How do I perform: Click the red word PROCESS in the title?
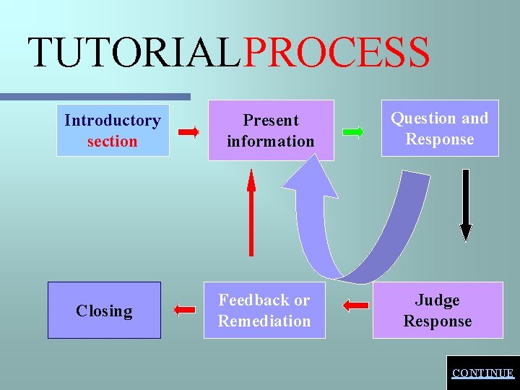337,53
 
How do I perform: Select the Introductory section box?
113,131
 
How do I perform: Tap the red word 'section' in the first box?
112,142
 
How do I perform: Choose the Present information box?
271,131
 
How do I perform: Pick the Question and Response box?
440,129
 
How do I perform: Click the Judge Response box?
438,311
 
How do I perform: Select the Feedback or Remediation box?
264,311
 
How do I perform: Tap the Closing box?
104,311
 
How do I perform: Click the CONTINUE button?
482,373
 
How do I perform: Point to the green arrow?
353,132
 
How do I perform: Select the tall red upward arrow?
251,212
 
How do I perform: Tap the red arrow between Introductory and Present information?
189,132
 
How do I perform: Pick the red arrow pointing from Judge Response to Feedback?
355,306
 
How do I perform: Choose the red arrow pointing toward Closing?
185,309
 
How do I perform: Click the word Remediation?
264,321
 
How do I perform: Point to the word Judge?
438,300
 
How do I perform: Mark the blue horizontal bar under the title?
94,96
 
